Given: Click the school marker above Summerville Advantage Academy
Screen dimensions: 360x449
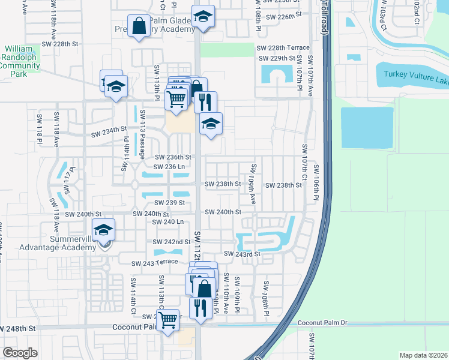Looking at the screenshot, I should click(103, 230).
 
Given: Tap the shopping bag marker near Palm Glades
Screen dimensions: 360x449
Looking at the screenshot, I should click(139, 26).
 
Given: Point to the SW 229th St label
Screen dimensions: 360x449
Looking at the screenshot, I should click(277, 58).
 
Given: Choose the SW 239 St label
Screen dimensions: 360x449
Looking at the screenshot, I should click(169, 203).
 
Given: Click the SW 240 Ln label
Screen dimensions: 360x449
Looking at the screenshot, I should click(169, 221).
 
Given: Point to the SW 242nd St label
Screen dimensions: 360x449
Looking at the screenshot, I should click(173, 242).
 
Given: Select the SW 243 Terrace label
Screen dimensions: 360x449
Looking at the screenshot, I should click(155, 262).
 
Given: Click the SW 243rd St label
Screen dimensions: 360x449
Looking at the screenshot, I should click(242, 254).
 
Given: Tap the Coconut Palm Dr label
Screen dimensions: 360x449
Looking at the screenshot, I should click(323, 323).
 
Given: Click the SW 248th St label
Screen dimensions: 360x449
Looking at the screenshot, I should click(18, 329).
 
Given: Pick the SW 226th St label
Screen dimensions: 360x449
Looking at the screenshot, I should click(280, 17).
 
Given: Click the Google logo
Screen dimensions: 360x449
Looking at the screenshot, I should click(20, 352).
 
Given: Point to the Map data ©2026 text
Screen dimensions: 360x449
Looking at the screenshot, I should click(423, 355).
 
